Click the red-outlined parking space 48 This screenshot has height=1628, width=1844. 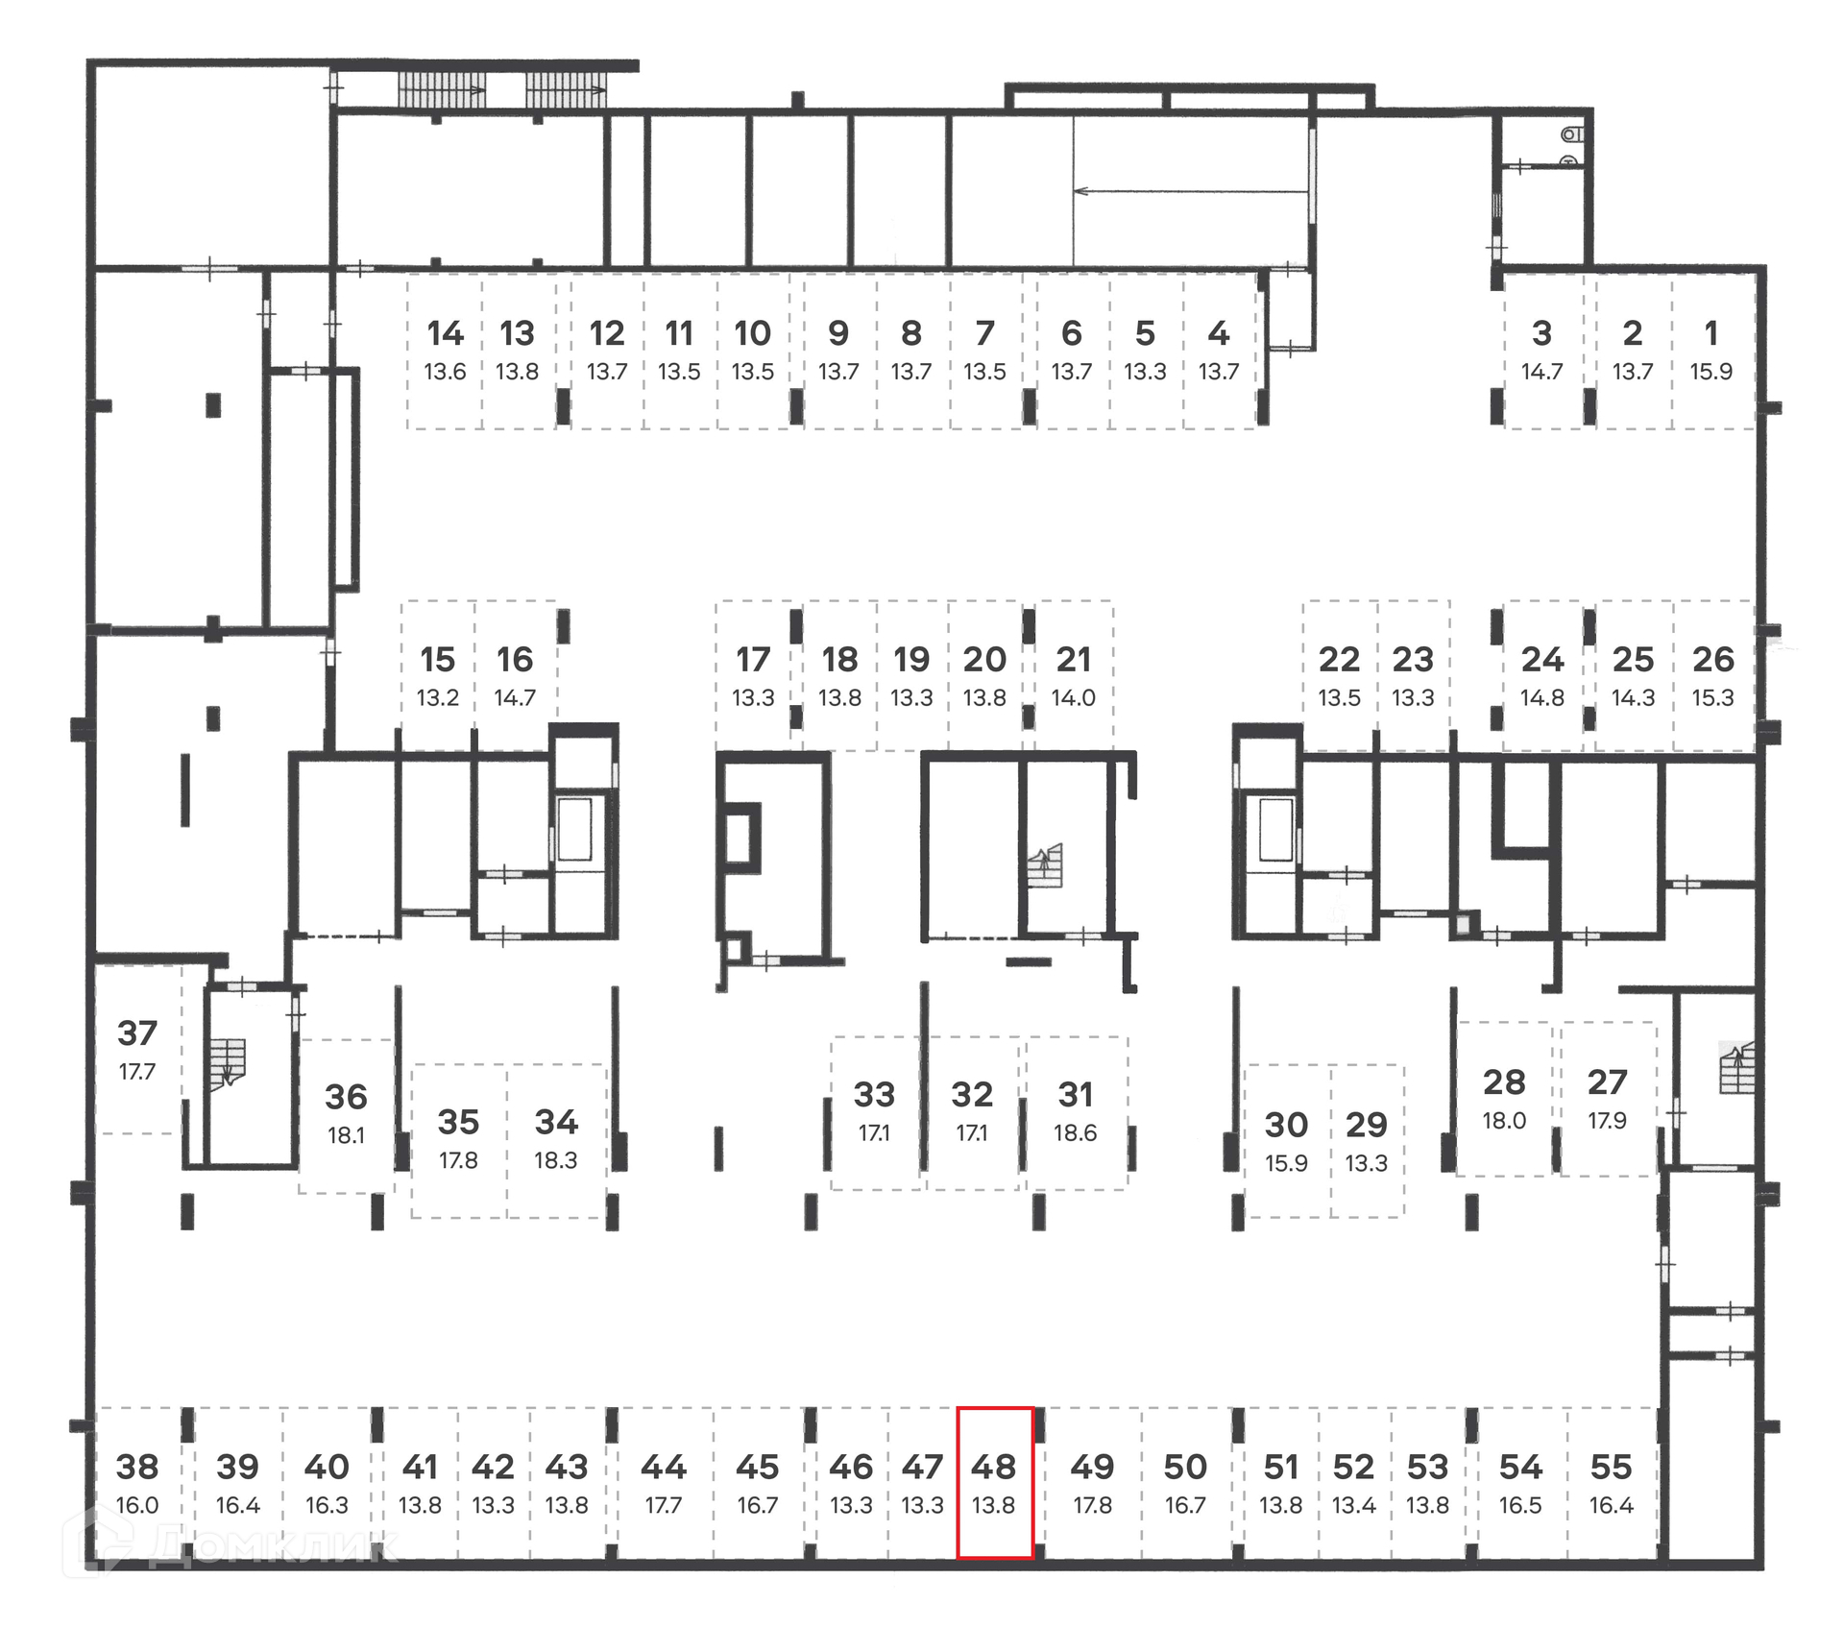994,1483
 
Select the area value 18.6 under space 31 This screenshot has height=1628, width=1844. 1075,1133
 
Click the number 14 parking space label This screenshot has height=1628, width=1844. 445,333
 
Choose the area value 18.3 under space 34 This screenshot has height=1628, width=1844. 555,1160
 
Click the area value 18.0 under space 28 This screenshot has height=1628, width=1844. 1503,1121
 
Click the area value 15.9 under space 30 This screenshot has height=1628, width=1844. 1286,1163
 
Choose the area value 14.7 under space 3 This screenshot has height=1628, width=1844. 1541,372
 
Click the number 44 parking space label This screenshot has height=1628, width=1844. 663,1468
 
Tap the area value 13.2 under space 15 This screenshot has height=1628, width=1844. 437,698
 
